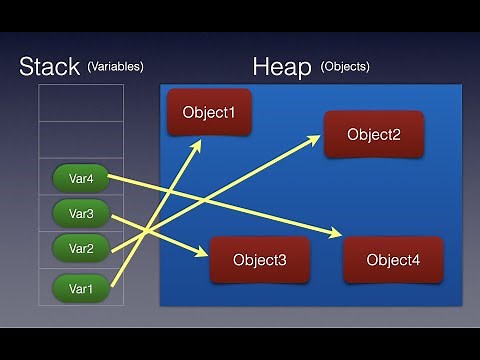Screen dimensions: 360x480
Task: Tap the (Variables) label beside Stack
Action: point(115,67)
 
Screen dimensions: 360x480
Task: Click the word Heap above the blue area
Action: point(282,67)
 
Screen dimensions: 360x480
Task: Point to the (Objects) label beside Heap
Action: point(345,67)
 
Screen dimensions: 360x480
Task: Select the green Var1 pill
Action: point(81,290)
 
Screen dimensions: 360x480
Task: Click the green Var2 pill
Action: point(81,248)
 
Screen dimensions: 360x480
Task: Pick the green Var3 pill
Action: point(81,213)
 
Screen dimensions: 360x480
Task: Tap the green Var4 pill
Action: point(81,178)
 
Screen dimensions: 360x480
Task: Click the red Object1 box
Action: point(209,112)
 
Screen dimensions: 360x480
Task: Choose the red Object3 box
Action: point(260,260)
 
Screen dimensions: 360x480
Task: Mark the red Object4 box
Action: point(393,260)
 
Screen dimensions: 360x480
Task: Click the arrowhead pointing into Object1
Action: point(198,142)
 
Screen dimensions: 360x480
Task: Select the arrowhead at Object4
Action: point(336,236)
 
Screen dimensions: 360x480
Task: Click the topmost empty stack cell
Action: point(81,103)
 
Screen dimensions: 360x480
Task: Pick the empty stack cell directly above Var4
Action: point(81,140)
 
